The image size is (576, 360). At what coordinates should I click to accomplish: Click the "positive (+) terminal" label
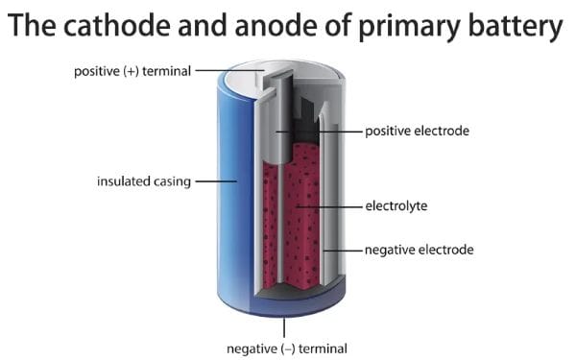tap(132, 70)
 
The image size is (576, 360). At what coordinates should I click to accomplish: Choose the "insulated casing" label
tap(143, 180)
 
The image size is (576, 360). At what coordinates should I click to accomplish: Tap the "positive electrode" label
tap(417, 130)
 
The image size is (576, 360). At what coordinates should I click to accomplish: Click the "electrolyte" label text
tap(396, 205)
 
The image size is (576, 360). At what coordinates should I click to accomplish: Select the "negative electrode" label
tap(419, 250)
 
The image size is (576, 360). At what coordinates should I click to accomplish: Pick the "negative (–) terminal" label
tap(286, 347)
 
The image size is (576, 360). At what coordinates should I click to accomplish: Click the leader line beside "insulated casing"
tap(215, 180)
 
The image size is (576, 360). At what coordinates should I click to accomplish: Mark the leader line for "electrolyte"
tap(331, 205)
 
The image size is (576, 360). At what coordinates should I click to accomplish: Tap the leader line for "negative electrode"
tap(344, 250)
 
